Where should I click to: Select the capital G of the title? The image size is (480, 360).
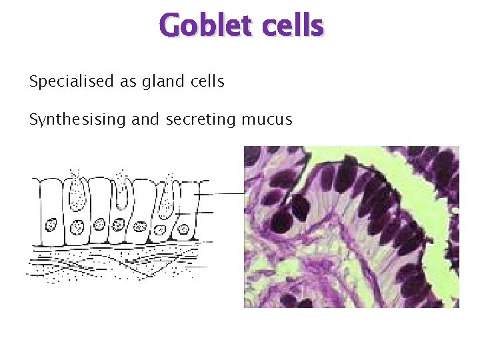coord(171,27)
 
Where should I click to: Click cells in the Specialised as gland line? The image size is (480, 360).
coord(205,82)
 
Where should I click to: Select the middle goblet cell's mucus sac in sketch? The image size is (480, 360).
coord(122,193)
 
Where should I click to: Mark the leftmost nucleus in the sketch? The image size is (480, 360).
coord(51,224)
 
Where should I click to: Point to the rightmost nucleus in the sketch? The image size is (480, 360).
coord(181,230)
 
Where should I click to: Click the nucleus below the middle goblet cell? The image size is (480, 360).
coord(120,225)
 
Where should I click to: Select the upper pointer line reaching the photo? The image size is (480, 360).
coord(223,193)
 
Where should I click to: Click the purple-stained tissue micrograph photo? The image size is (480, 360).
coord(351,227)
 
